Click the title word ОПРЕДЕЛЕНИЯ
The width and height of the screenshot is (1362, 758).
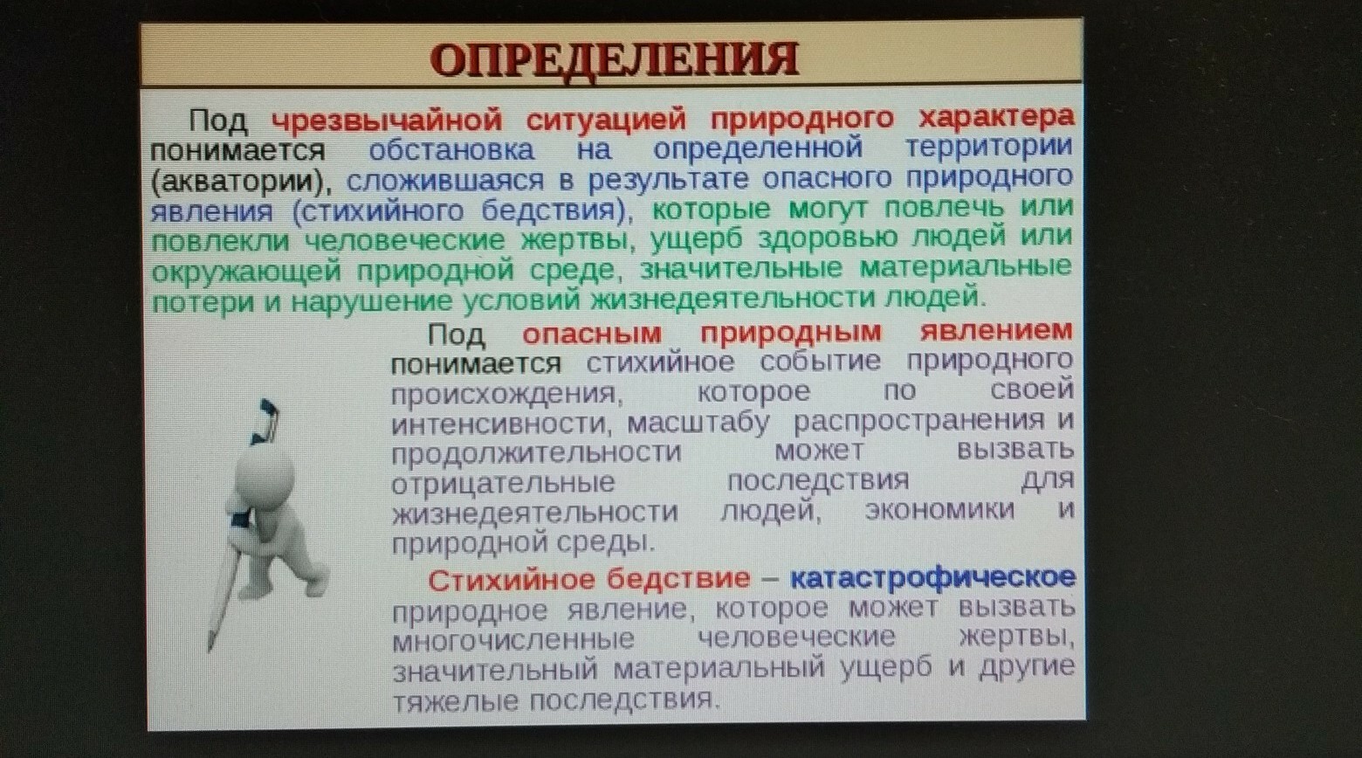(614, 59)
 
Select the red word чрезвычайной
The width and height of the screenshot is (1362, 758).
(387, 120)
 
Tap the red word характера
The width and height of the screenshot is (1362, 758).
(996, 116)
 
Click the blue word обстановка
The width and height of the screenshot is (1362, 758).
(451, 149)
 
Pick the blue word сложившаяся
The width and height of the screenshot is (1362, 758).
(445, 181)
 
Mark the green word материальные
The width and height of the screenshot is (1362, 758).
(965, 267)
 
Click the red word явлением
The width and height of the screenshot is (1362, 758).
(996, 331)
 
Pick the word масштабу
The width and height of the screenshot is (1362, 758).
(698, 422)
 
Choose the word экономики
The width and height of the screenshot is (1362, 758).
(939, 510)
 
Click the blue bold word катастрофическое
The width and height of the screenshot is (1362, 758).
(932, 577)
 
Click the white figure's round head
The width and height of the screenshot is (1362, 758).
(265, 472)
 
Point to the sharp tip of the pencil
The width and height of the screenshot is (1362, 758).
(210, 651)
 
